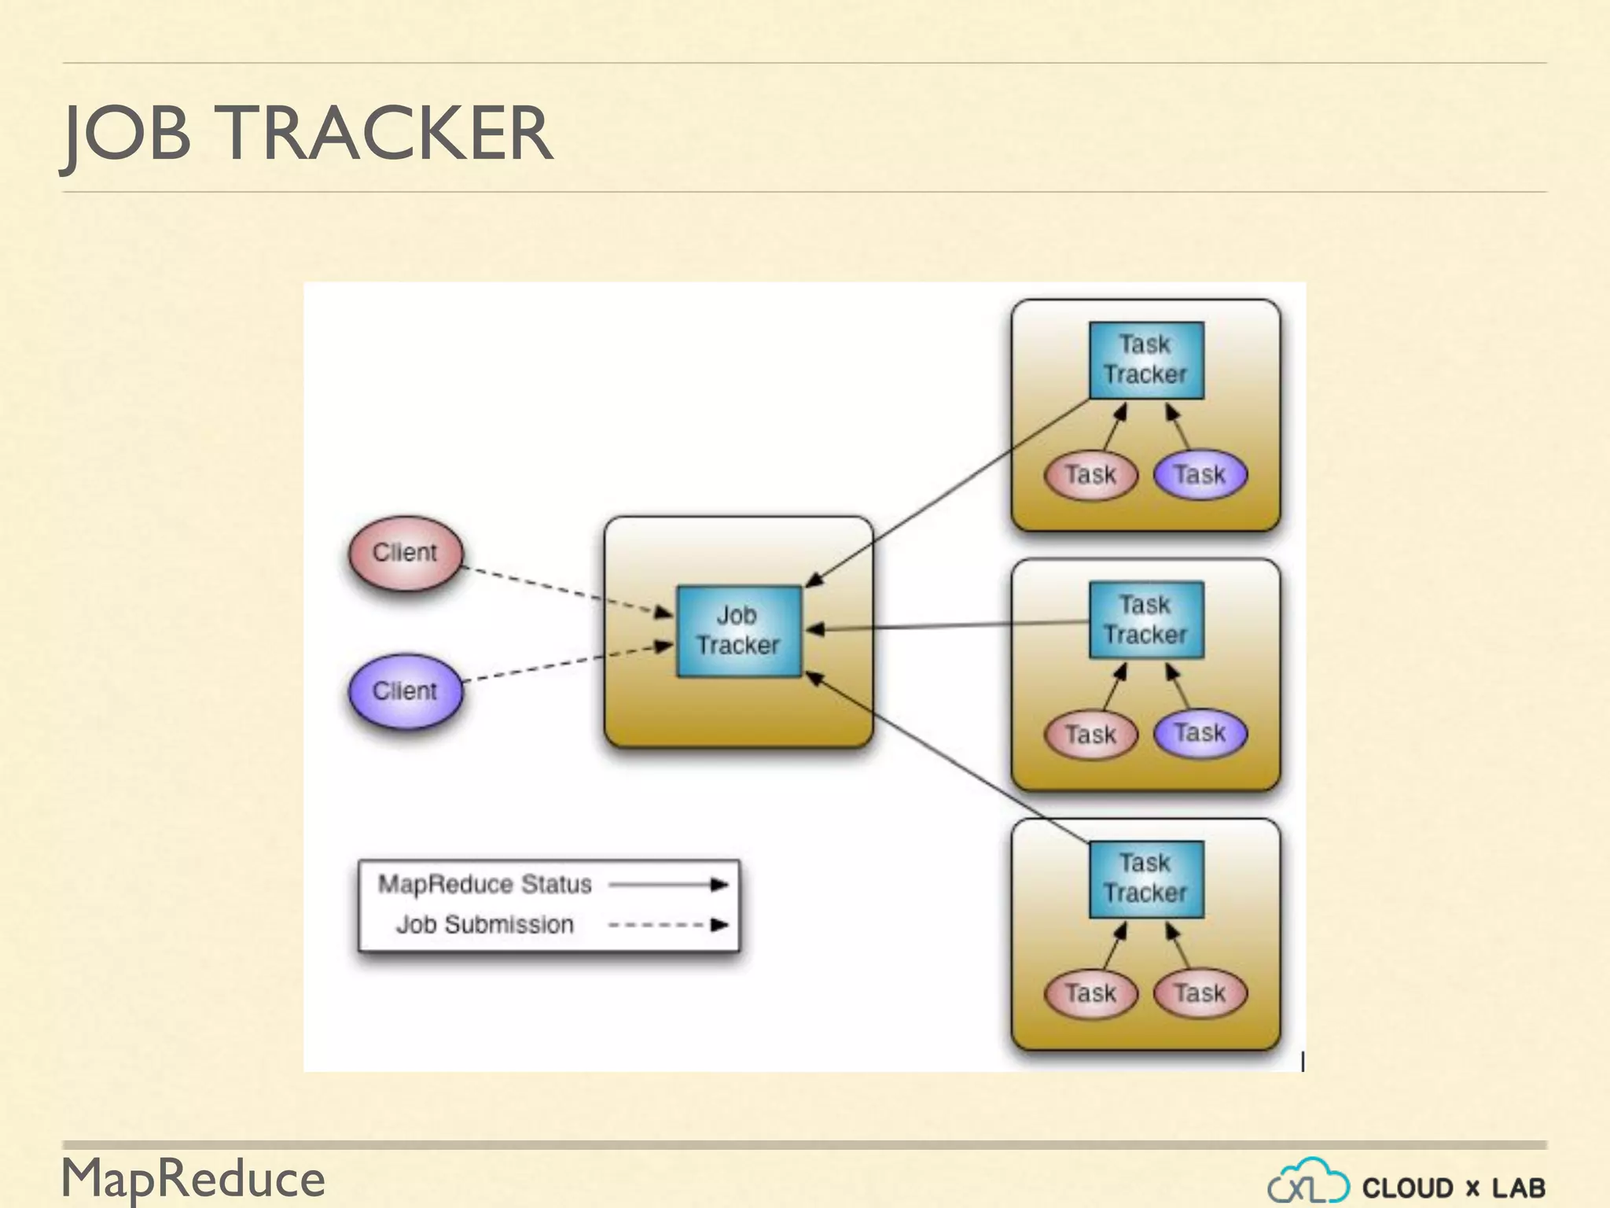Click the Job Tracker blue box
[x=739, y=631]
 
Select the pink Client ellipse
[x=406, y=553]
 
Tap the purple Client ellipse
[x=406, y=691]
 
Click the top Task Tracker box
[x=1145, y=360]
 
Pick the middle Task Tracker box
[x=1145, y=620]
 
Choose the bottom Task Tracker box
[x=1145, y=878]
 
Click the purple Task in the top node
[x=1200, y=475]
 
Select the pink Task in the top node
[x=1090, y=475]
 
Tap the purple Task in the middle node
[x=1200, y=734]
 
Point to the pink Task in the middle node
[x=1090, y=735]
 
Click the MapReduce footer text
[x=193, y=1178]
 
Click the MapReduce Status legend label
[x=484, y=884]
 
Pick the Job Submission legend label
[x=484, y=924]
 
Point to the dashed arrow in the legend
[x=668, y=925]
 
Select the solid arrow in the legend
[x=668, y=885]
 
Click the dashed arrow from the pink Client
[x=566, y=590]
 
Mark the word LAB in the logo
[x=1518, y=1188]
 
